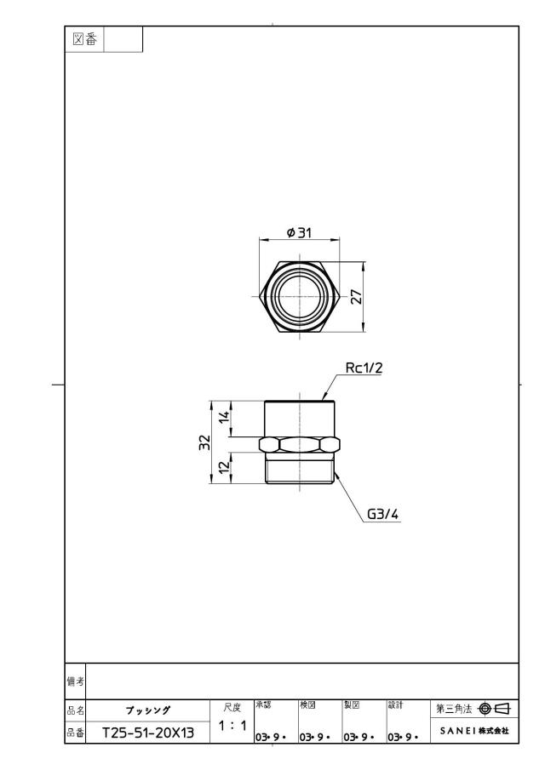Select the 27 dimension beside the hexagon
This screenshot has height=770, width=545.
point(357,297)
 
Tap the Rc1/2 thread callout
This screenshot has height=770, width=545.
point(364,368)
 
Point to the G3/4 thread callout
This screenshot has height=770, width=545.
point(383,514)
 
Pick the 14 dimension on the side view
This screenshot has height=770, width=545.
point(224,418)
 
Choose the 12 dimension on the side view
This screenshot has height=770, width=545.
point(224,467)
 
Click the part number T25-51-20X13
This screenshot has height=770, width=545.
point(148,733)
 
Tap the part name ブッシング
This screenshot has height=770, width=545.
point(148,710)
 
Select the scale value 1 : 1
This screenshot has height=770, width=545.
point(232,725)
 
